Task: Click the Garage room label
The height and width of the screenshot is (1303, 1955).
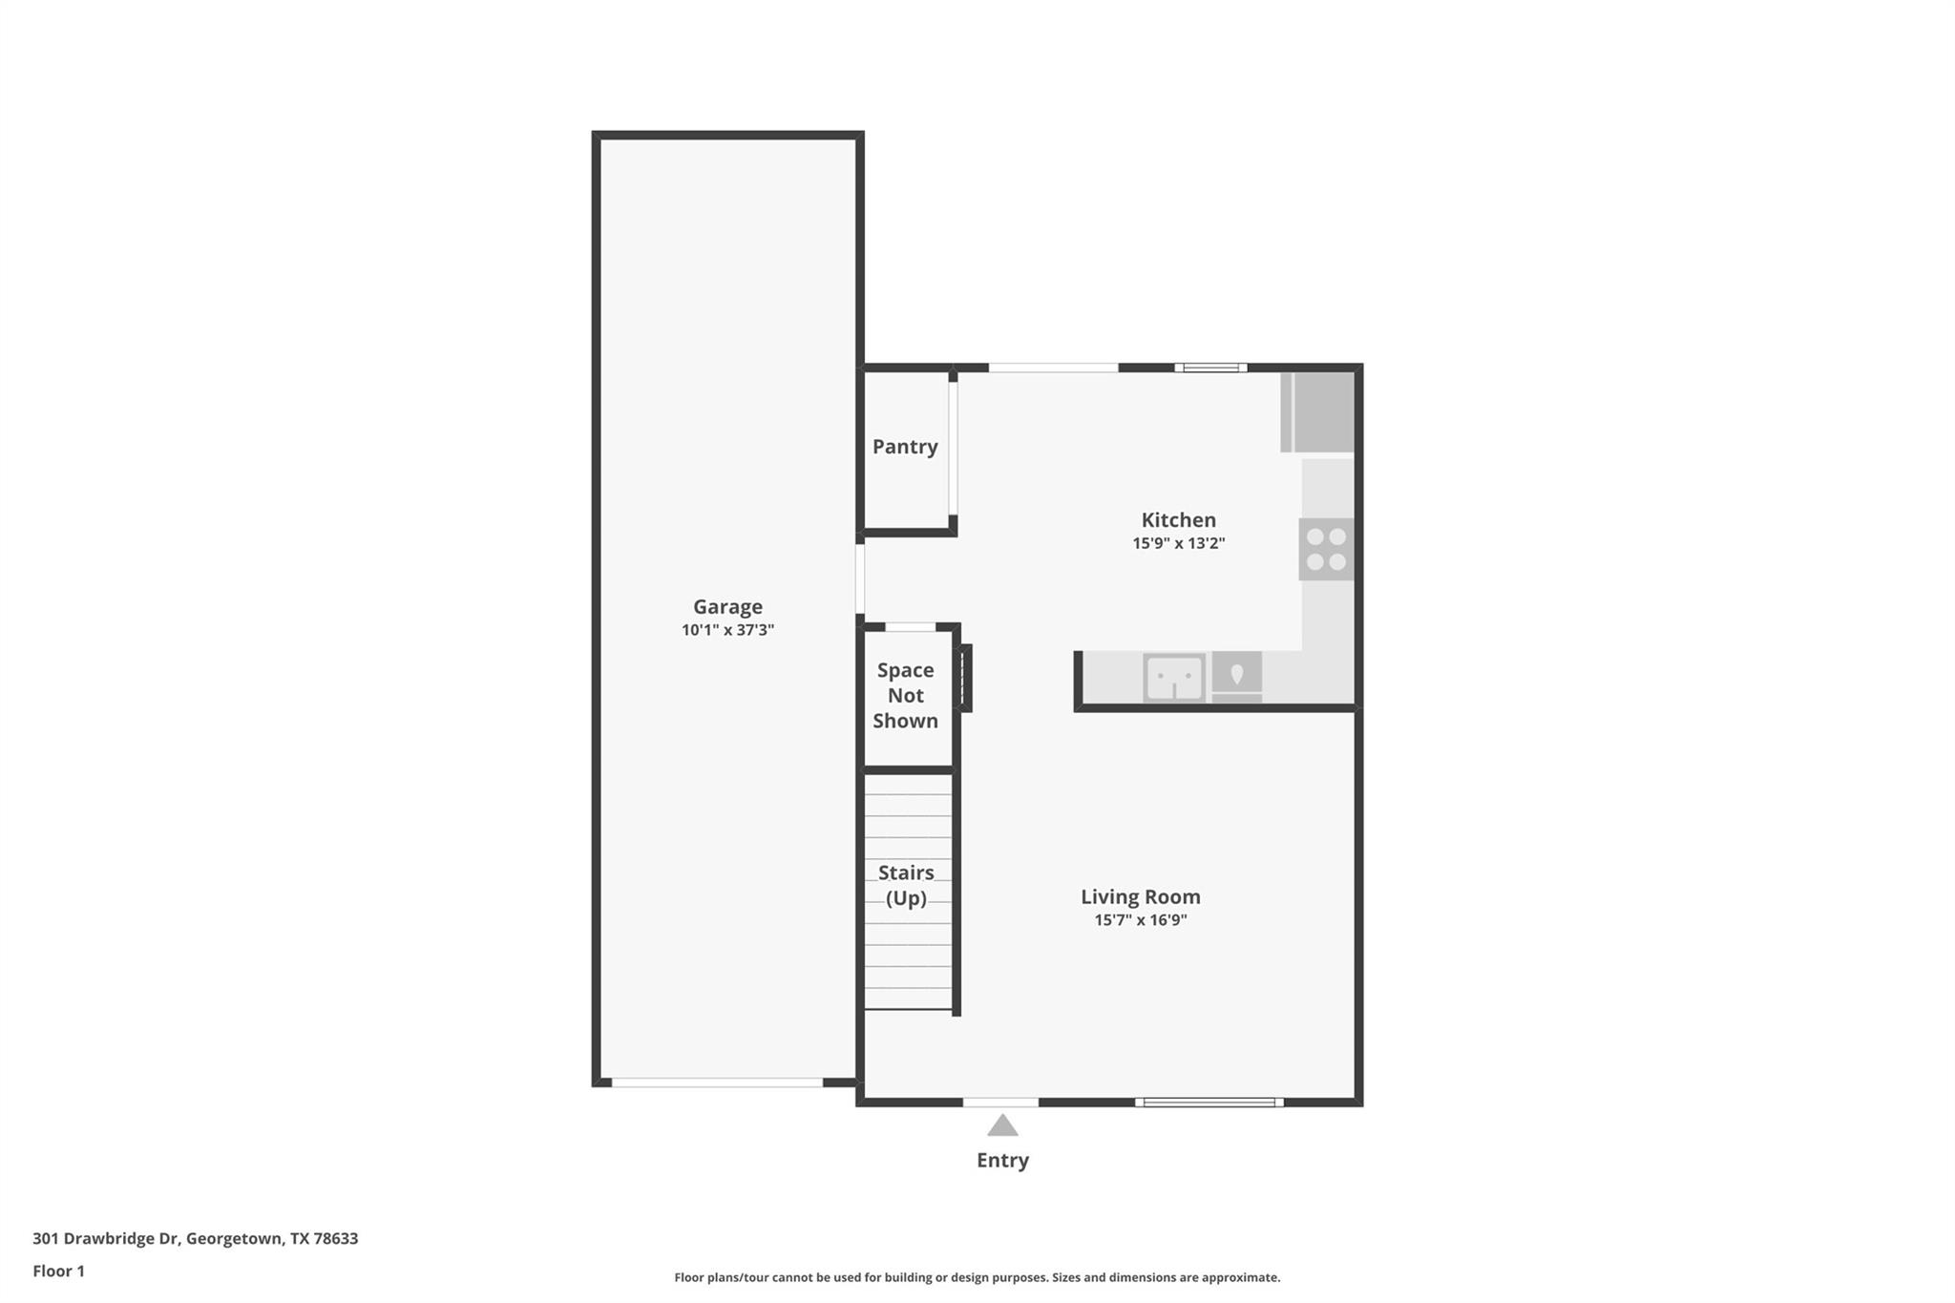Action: pos(727,607)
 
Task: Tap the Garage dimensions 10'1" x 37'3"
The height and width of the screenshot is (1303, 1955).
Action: pos(727,630)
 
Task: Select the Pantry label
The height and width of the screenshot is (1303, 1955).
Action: pos(905,447)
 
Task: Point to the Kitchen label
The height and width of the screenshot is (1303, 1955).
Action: pos(1179,520)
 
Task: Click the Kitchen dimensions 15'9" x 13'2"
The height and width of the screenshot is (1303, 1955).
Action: pos(1179,543)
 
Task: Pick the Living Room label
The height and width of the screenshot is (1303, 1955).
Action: pos(1141,897)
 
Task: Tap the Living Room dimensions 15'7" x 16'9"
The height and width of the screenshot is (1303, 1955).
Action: pos(1141,920)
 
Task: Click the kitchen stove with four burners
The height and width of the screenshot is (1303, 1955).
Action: pos(1326,549)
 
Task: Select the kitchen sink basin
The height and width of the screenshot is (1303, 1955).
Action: pos(1174,678)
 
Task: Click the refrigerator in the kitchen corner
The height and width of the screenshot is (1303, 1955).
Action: pos(1318,411)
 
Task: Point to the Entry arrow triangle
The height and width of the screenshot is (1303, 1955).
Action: pos(1002,1126)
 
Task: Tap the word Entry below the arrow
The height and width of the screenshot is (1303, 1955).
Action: pos(1002,1161)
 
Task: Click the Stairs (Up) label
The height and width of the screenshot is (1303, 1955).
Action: pos(906,885)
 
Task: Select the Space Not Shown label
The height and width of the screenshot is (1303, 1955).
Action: pos(906,696)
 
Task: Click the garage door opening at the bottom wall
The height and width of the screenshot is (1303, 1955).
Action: pos(717,1082)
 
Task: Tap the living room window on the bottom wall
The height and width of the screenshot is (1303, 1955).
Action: pos(1209,1103)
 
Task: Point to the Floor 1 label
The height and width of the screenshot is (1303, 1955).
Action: pos(59,1271)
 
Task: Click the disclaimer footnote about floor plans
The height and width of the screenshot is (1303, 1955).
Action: pos(977,1277)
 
